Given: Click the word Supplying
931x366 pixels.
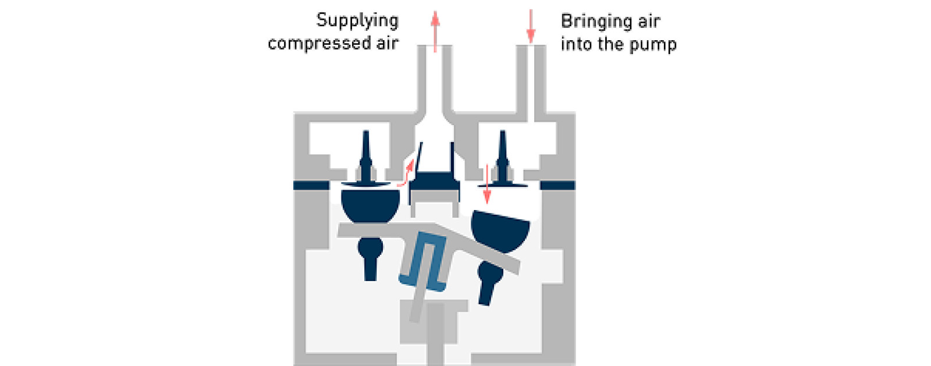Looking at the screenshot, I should [x=357, y=22].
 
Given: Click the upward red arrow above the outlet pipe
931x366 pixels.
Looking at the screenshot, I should [x=435, y=31].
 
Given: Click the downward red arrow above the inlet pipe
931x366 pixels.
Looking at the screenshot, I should [x=530, y=27].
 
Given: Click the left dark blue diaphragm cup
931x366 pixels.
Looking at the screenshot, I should [x=371, y=205].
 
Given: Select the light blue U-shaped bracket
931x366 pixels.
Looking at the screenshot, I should [x=424, y=259].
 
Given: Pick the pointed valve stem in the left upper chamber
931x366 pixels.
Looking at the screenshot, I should [x=365, y=154].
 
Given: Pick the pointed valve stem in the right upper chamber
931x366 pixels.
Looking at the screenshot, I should [x=502, y=154].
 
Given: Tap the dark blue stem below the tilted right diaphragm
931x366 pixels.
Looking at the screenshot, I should [x=488, y=282].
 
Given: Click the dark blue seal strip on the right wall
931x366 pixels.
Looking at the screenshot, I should [x=557, y=186].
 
